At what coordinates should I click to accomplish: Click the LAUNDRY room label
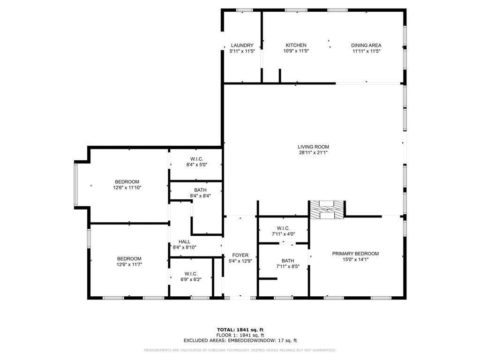coord(242,45)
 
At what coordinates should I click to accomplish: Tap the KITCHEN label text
coord(296,45)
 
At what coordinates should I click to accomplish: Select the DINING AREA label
coord(366,45)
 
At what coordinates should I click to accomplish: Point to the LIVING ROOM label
coord(314,147)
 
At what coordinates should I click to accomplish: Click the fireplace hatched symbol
coord(327,210)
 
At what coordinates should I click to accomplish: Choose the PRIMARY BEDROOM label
coord(355,254)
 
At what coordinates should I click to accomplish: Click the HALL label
coord(184,242)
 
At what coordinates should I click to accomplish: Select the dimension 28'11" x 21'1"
coord(314,152)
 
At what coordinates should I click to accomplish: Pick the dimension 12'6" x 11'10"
coord(127,187)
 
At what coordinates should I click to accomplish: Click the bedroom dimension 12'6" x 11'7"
coord(129,264)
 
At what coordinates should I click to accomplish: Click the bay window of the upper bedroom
coord(77,184)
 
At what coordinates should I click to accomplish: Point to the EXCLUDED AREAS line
coord(240,341)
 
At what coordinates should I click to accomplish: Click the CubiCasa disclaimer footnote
coord(240,350)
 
